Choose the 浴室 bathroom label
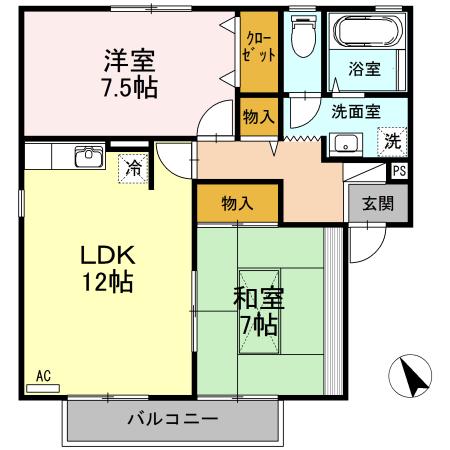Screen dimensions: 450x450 (x=364, y=69)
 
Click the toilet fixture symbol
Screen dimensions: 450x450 (x=302, y=38)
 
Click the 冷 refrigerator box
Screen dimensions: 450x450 (x=133, y=167)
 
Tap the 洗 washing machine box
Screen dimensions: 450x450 (x=393, y=142)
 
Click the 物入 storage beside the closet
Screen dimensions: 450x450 (x=258, y=117)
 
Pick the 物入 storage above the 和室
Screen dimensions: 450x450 (x=236, y=203)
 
